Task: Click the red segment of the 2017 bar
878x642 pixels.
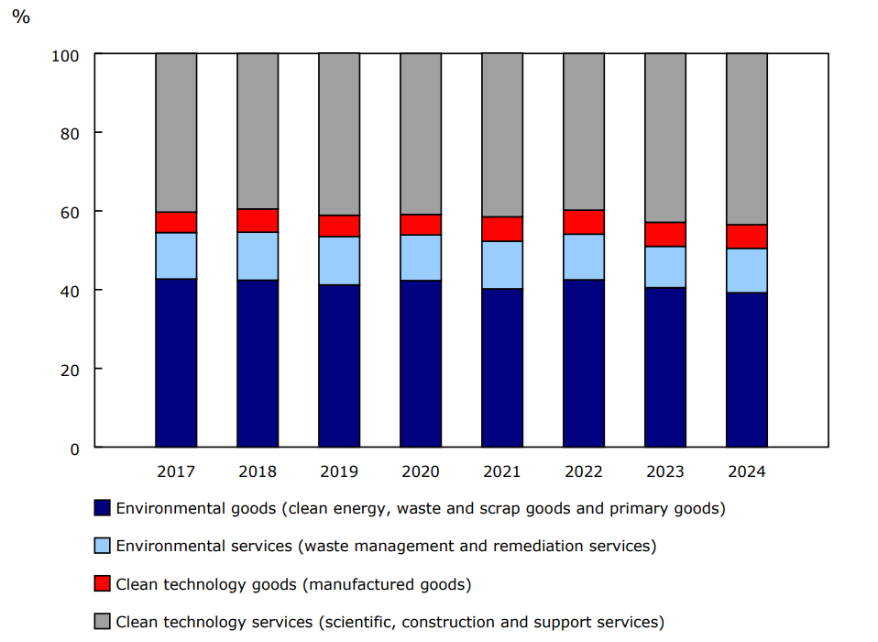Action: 176,222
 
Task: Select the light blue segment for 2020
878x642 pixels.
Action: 421,258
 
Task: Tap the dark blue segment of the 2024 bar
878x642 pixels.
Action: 747,370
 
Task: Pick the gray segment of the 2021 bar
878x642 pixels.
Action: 502,135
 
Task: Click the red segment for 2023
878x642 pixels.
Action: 665,234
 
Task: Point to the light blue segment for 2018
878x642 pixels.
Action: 258,256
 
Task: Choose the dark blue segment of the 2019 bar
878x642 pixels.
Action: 339,366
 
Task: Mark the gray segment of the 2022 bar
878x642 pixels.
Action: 584,131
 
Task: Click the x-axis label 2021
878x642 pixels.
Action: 502,471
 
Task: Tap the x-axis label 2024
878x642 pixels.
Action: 747,471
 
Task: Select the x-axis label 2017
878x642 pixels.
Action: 176,471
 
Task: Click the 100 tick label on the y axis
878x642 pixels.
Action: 65,55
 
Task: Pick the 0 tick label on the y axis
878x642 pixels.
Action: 74,448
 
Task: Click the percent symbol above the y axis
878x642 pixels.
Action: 20,17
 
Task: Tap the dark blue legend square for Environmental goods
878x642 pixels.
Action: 103,508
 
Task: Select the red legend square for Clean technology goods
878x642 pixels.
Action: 103,583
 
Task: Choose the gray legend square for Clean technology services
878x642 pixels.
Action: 103,622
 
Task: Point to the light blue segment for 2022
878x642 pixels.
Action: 584,257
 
